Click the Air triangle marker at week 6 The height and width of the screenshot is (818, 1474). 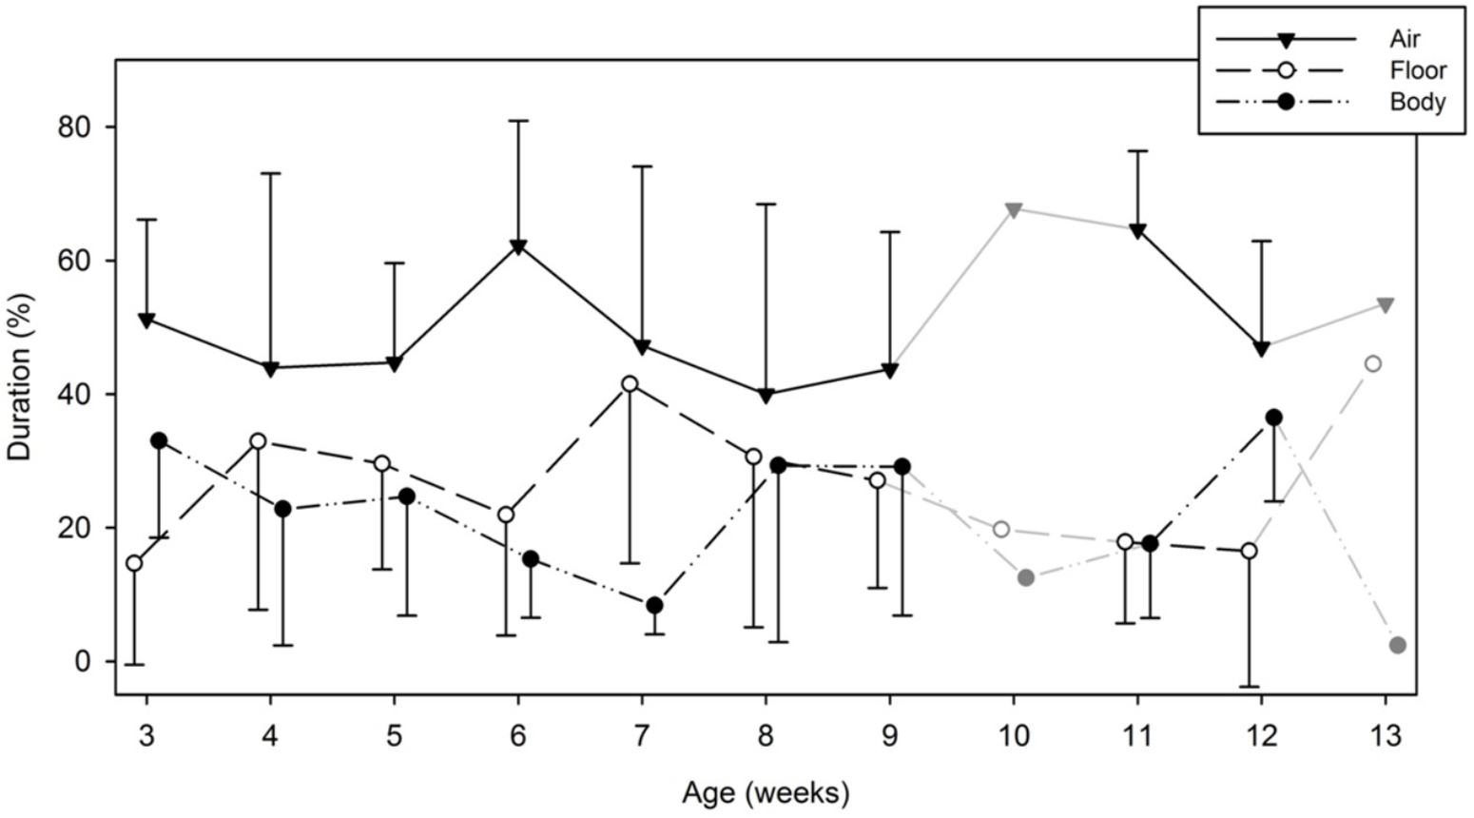point(518,247)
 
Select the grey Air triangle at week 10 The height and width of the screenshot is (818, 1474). point(1014,209)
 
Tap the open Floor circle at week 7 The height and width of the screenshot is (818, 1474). point(629,384)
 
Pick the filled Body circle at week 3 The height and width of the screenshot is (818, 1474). point(159,440)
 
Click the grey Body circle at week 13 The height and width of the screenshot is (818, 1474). point(1397,646)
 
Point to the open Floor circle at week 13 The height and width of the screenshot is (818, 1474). point(1372,364)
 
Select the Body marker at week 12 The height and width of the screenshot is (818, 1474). point(1273,418)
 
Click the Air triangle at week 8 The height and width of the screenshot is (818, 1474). point(766,396)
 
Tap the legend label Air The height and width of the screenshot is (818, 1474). point(1405,39)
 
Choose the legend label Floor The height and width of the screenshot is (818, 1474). point(1417,70)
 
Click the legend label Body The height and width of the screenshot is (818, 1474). point(1417,102)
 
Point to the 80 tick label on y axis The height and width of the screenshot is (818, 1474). point(75,127)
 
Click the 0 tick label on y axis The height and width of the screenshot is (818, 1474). point(85,661)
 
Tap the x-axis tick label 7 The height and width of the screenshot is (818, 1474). point(641,735)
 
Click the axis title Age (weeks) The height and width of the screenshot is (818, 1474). point(766,791)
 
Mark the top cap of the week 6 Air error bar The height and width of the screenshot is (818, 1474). point(518,121)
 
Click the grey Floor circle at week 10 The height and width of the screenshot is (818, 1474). point(1000,529)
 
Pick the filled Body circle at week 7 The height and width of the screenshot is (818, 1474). point(654,606)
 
